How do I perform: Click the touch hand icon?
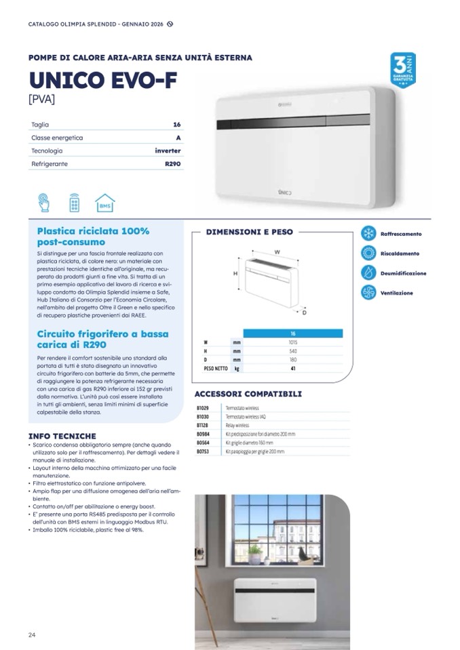44,203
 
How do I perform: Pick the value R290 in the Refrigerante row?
172,164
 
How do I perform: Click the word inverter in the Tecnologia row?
168,150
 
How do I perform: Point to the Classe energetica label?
57,138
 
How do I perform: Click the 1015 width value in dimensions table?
293,342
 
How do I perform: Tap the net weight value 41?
293,369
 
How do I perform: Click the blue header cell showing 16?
293,333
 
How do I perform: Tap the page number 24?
32,634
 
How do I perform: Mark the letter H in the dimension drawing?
235,274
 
